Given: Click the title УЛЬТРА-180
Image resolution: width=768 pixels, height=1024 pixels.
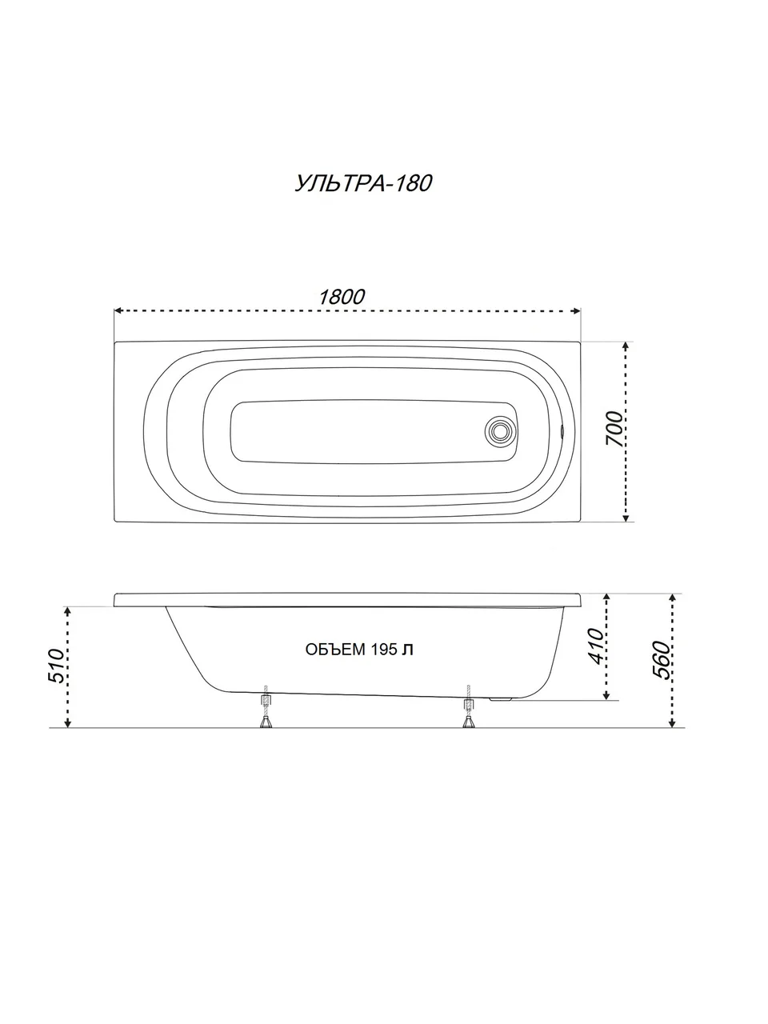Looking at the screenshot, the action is (364, 183).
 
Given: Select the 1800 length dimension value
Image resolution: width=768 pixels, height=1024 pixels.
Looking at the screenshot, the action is (342, 297).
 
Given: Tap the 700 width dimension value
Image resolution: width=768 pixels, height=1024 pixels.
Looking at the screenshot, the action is (614, 429).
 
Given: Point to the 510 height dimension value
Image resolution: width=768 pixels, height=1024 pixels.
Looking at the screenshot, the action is (57, 666).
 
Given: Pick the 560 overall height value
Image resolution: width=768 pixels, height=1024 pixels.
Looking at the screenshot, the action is (662, 660).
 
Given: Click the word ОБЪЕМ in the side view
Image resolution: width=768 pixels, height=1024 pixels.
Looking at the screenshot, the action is (335, 650).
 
